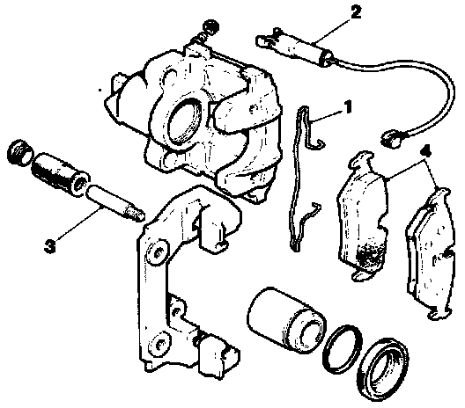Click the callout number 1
[x=348, y=107]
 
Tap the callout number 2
[x=355, y=12]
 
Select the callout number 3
[x=50, y=246]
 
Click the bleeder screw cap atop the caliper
[x=210, y=26]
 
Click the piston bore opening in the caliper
[x=184, y=120]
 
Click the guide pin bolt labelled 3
[x=115, y=203]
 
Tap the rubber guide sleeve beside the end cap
[x=60, y=175]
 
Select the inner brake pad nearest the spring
[x=362, y=216]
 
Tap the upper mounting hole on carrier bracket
[x=158, y=252]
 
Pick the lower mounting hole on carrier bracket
[x=160, y=344]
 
